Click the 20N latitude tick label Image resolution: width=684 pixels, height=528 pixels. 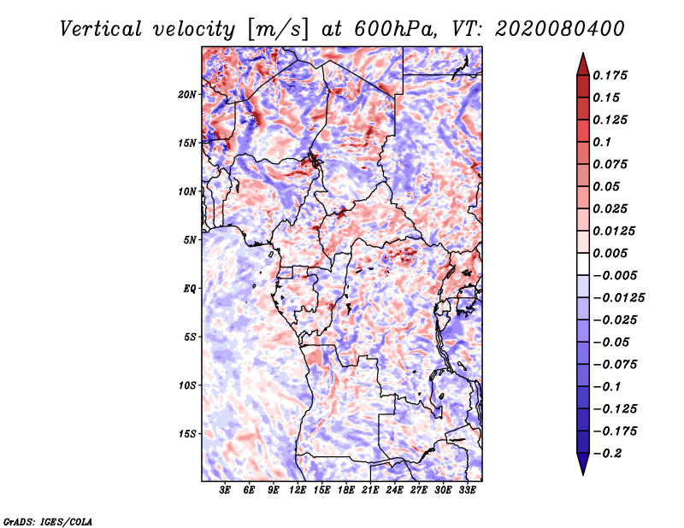187,94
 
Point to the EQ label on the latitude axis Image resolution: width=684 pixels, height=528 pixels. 190,289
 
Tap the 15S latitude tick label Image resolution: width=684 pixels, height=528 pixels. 187,434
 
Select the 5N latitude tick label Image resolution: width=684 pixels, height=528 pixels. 190,240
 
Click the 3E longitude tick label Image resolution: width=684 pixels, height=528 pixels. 225,490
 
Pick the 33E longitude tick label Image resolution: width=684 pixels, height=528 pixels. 467,490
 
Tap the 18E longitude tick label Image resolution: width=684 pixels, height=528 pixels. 346,490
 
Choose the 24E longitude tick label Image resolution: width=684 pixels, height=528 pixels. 394,490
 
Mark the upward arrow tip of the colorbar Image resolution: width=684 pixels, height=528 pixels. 582,56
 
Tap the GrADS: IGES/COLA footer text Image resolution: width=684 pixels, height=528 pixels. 47,520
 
